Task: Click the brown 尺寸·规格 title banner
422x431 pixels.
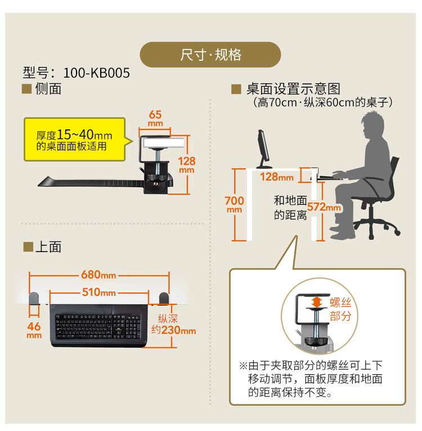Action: click(x=210, y=55)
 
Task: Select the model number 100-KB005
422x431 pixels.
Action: click(x=96, y=73)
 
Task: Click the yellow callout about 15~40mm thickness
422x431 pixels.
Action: click(x=74, y=140)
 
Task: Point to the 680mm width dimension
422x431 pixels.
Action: click(x=98, y=275)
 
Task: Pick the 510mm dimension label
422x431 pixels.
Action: click(x=98, y=292)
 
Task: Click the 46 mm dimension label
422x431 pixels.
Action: click(x=34, y=330)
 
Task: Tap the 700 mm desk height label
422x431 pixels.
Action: click(x=234, y=204)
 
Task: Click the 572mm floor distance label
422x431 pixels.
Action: click(x=324, y=207)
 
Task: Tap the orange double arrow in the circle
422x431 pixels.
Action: click(x=317, y=303)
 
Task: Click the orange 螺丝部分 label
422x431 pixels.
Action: click(x=340, y=309)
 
